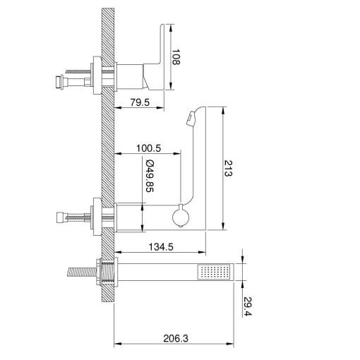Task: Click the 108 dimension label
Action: tap(176, 56)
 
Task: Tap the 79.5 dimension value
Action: tap(140, 102)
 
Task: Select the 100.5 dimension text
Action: tap(148, 148)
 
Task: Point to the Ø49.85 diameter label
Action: tap(150, 176)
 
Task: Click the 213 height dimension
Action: tap(228, 168)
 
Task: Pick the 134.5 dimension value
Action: tap(161, 247)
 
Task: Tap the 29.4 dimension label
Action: tap(248, 306)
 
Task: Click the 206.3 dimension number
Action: tap(176, 338)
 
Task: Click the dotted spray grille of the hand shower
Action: tap(214, 272)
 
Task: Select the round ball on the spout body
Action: tap(181, 217)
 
